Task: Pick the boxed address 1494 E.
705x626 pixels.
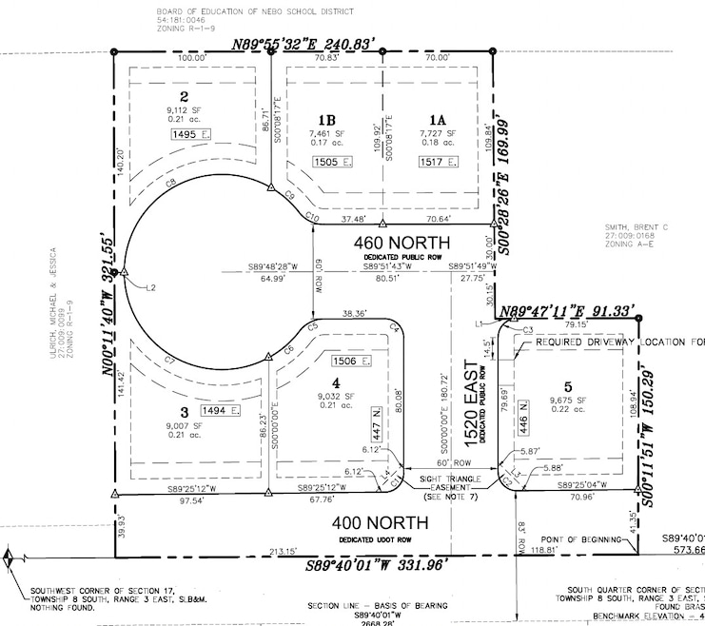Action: tap(220, 411)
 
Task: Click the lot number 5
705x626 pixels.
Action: tap(567, 386)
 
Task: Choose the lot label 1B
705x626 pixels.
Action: tap(326, 120)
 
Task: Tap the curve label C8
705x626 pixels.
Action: tap(171, 181)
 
